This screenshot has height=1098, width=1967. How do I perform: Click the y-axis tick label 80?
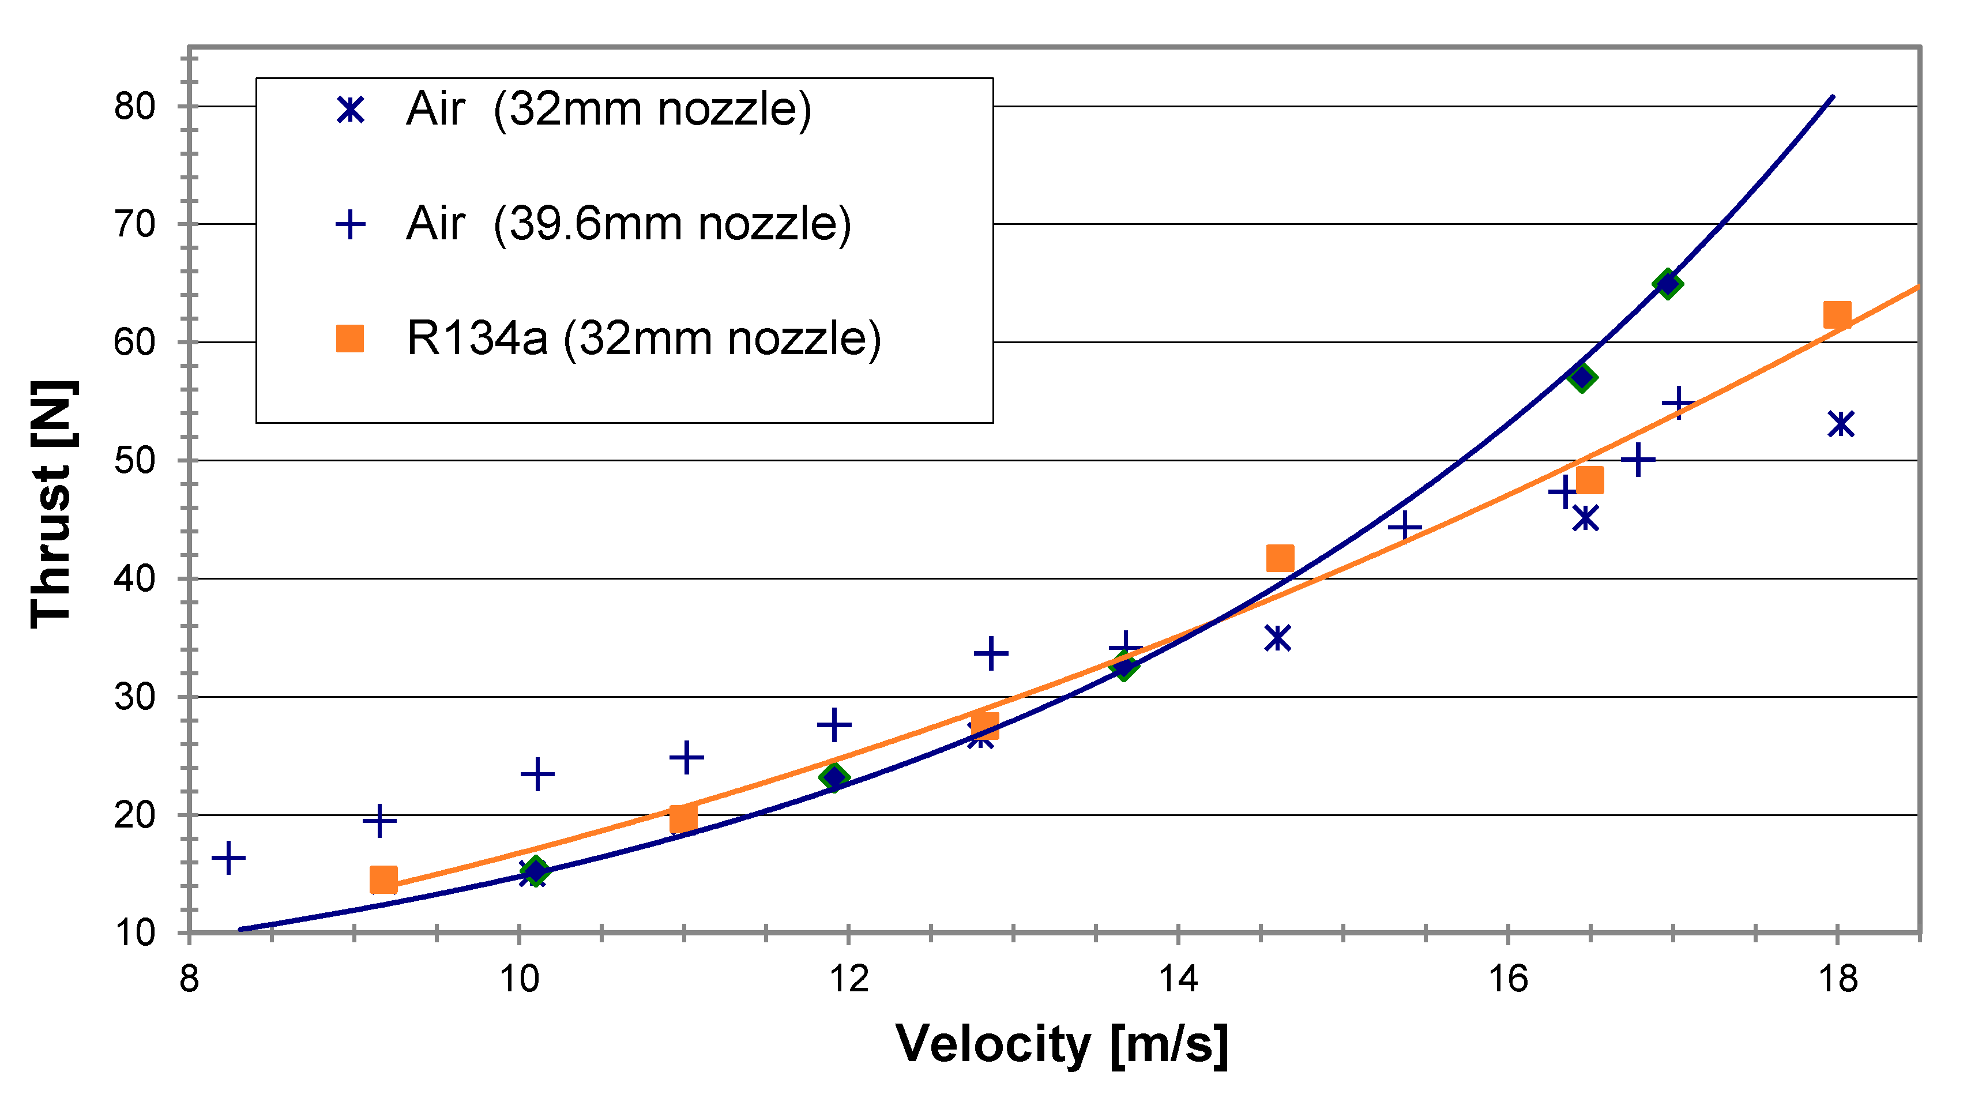[134, 107]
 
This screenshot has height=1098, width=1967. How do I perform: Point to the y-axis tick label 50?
[134, 460]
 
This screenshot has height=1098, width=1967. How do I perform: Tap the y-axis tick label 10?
[134, 932]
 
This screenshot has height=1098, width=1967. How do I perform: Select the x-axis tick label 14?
[1178, 978]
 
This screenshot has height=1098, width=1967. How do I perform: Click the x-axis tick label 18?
[1837, 978]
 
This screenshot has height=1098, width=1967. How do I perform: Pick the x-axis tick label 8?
[189, 978]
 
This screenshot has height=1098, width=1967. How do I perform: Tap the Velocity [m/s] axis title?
[1062, 1044]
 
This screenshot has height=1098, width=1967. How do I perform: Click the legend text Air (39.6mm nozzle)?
[627, 224]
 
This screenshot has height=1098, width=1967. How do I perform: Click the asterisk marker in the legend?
[349, 110]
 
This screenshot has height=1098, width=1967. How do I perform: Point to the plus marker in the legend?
[349, 224]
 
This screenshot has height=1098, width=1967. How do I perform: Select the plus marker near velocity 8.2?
[228, 858]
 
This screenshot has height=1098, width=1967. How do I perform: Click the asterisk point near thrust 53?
[1841, 424]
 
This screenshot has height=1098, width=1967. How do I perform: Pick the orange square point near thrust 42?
[1280, 558]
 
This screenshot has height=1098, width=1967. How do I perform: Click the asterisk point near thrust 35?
[1277, 638]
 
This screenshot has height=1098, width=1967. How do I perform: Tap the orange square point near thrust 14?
[383, 879]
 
